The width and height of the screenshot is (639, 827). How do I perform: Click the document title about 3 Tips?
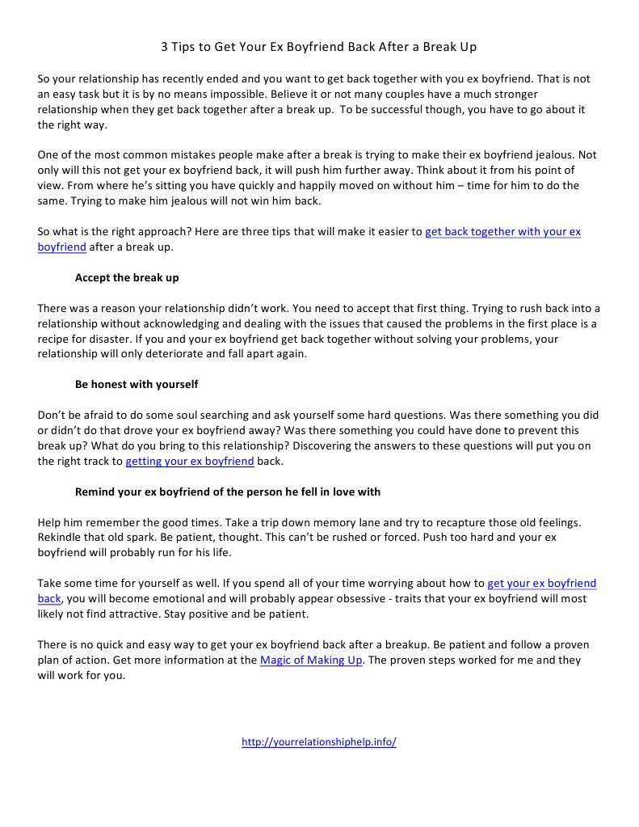point(319,47)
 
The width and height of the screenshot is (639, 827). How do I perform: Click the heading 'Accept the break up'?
point(127,277)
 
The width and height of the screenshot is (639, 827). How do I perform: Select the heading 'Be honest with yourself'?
point(137,384)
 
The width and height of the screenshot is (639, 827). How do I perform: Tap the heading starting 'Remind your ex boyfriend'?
point(228,492)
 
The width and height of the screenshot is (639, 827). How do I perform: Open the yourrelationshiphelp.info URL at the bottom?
point(319,742)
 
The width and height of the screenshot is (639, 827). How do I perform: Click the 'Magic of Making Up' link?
point(312,660)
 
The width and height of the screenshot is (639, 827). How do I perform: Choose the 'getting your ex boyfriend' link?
point(190,462)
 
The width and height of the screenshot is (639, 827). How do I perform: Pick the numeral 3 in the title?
point(164,47)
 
